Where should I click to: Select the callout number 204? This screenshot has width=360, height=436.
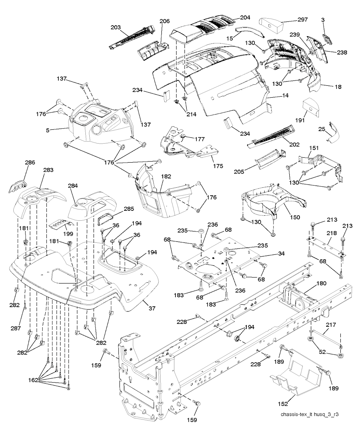245,17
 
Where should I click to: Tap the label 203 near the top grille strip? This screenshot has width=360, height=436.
115,27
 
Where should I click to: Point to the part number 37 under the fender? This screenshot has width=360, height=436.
152,308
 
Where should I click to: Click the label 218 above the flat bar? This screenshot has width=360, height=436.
332,233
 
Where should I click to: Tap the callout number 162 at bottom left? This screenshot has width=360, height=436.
34,380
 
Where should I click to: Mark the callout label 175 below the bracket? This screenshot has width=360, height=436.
218,166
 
